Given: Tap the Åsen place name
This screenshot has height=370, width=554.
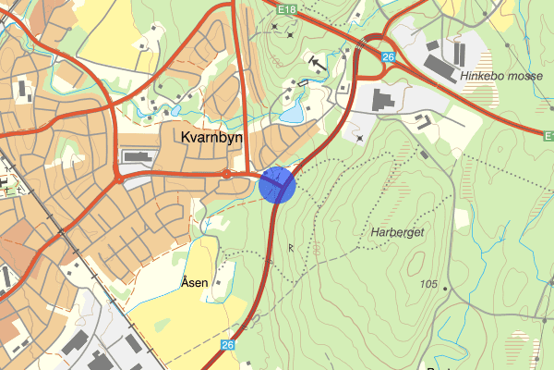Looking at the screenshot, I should point(194,282).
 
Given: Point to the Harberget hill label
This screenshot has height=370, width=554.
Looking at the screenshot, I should point(398,232).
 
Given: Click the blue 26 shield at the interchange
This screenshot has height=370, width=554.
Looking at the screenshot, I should point(388,57).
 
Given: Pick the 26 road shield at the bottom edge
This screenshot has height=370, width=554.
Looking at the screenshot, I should point(227,345).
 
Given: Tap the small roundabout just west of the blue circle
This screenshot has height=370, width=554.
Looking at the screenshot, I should point(226,173).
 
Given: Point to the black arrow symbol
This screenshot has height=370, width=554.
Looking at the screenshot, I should point(318,63).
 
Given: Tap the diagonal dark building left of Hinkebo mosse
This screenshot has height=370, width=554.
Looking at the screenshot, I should point(441,65).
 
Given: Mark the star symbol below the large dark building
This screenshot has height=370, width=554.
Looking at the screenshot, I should point(360,138).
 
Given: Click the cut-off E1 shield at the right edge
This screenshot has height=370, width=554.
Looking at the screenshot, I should point(548,136).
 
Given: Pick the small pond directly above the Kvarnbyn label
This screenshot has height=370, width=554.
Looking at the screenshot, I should point(175,111).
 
